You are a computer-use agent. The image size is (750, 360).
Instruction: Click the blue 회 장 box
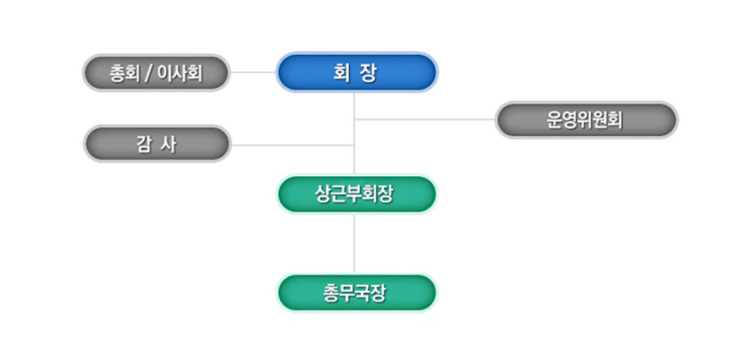(x=356, y=73)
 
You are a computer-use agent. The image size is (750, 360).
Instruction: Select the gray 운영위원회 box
(x=586, y=120)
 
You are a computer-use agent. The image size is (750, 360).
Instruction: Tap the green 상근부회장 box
(x=356, y=194)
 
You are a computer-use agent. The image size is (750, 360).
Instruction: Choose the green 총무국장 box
(x=356, y=292)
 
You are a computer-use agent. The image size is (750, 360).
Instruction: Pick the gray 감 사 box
(x=157, y=144)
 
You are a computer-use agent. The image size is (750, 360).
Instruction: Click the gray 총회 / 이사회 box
(x=156, y=73)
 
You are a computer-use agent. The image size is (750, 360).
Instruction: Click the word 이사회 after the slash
(x=180, y=73)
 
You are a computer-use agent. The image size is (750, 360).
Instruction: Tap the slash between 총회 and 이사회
(x=148, y=73)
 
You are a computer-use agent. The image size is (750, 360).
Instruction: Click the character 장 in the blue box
(x=369, y=73)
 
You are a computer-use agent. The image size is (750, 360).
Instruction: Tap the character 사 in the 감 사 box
(x=169, y=144)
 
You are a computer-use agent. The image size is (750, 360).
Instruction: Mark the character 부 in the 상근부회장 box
(x=355, y=194)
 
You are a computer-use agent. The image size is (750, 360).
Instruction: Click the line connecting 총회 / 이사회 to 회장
(x=253, y=73)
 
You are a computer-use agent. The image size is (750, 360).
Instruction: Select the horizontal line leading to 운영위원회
(x=424, y=119)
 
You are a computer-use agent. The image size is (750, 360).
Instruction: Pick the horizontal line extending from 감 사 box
(x=292, y=145)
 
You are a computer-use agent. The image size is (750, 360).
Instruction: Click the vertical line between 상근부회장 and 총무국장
(x=354, y=244)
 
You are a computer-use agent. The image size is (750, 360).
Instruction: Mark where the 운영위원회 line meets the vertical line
(x=354, y=119)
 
